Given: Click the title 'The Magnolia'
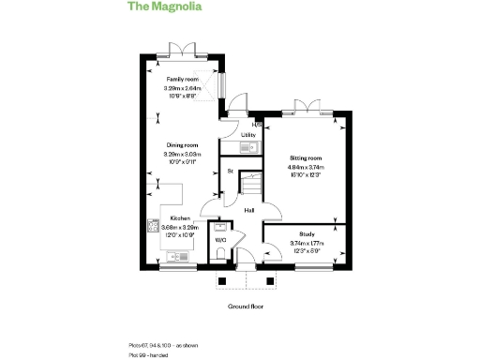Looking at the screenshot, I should pos(163,7).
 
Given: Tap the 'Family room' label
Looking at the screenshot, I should pos(183,80).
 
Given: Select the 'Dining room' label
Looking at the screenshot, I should pos(183,145).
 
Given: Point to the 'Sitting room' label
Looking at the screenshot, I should pos(306,158).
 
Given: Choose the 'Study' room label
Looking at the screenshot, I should pos(307,233).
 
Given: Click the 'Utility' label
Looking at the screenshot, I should pos(248,135).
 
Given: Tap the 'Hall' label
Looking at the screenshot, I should pos(249,210).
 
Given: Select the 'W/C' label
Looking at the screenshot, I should pos(221,240).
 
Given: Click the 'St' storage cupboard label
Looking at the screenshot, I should pos(231,171).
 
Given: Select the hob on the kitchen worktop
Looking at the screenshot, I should pos(151,226).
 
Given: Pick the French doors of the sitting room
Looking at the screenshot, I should pos(306,106).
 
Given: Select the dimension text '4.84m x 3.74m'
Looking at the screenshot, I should pos(306,168).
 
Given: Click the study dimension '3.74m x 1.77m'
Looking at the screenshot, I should pos(307,243).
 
